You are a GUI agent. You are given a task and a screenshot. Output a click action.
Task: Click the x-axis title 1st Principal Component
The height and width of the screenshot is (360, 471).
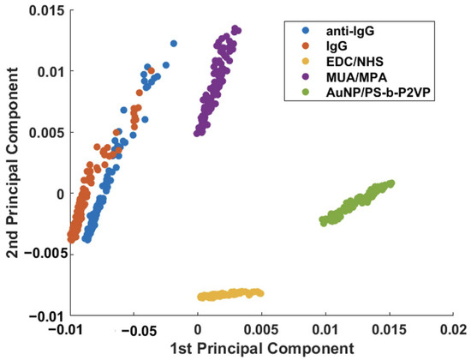click(x=261, y=348)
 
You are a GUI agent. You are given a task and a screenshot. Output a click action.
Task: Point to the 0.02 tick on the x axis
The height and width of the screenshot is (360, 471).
click(x=453, y=328)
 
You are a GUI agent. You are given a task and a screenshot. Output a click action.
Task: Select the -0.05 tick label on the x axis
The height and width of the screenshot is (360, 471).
click(x=133, y=328)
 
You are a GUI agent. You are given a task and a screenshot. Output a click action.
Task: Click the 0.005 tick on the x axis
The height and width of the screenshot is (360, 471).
click(x=261, y=328)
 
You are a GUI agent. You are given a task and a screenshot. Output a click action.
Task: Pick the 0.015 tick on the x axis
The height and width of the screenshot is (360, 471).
click(x=390, y=328)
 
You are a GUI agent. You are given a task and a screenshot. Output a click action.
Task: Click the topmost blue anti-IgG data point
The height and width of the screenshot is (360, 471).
click(x=174, y=43)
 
